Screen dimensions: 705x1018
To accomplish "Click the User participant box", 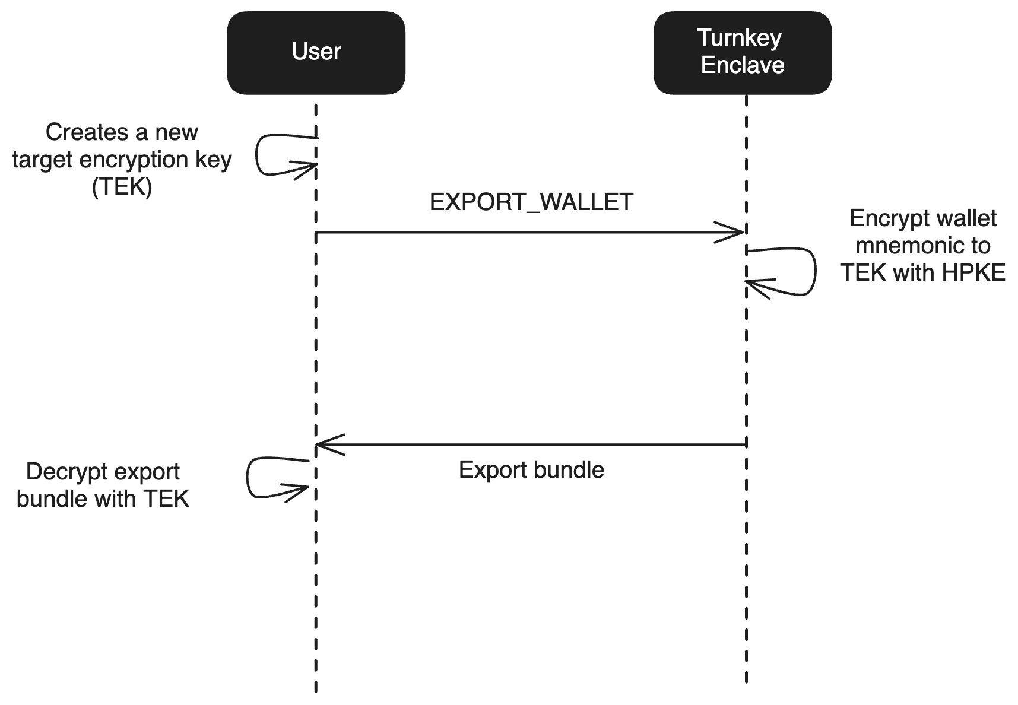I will [x=316, y=52].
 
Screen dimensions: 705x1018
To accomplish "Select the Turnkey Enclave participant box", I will [x=742, y=52].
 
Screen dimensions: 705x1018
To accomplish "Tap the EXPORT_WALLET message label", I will [x=531, y=202].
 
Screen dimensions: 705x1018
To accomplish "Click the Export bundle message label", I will [x=531, y=470].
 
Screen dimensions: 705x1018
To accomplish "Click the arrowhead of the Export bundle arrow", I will [x=325, y=444].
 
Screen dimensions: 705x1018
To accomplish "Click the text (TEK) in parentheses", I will [x=122, y=187].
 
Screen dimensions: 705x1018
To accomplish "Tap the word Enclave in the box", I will [x=742, y=65].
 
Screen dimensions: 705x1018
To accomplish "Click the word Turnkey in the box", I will [x=739, y=38].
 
